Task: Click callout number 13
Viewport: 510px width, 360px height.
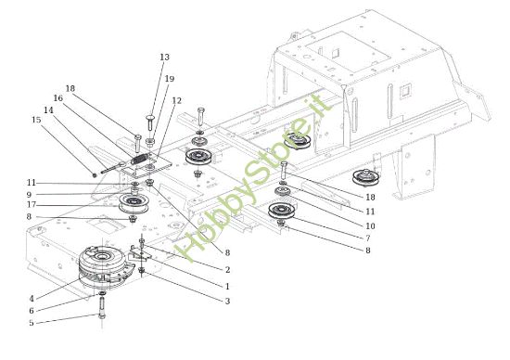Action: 165,58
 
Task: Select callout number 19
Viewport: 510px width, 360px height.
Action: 169,79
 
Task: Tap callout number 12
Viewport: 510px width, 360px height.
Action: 176,100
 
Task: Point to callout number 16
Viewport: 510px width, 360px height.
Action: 57,96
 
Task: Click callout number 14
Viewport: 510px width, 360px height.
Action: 49,109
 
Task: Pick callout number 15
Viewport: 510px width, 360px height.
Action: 36,119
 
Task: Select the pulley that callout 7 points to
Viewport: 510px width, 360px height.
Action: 280,213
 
